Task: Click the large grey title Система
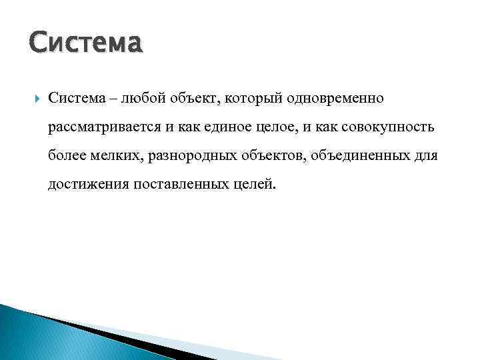(86, 43)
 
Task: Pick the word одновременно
(335, 98)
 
